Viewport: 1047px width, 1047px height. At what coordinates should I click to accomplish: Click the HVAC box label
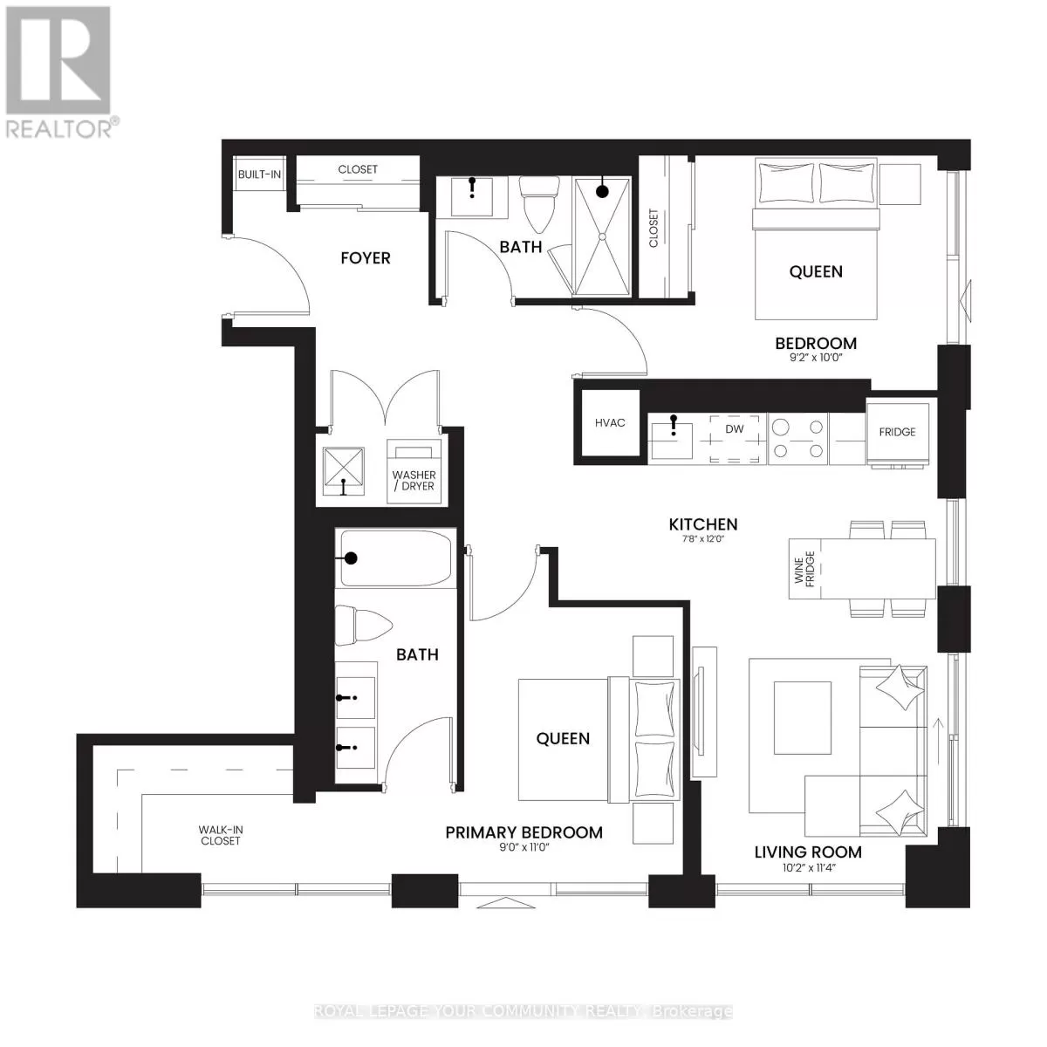610,423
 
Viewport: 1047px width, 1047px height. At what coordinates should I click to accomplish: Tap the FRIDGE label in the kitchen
897,432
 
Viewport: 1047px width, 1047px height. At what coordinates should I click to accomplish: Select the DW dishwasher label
735,429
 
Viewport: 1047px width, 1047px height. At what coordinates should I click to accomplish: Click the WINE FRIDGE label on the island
804,568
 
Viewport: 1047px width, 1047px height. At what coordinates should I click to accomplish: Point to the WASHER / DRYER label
414,481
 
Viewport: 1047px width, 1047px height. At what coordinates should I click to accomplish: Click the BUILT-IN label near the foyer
259,174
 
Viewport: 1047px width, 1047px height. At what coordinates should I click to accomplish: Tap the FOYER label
365,258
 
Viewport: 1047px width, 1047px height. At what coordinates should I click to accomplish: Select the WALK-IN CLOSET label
219,836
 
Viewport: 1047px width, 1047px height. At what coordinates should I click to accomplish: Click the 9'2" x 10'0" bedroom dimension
816,357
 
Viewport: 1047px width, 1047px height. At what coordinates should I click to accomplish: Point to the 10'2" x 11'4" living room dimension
807,867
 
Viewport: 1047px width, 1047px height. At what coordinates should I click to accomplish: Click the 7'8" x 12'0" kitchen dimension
703,539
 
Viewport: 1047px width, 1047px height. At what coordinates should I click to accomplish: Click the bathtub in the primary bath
396,558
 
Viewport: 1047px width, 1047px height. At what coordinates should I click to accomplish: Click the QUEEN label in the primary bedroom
563,739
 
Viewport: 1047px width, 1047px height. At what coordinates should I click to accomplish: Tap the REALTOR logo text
59,129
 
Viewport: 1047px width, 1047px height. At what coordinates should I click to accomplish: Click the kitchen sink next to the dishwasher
675,436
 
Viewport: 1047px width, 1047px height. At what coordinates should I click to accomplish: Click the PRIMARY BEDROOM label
523,832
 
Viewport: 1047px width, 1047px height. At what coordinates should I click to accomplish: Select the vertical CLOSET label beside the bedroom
654,228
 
